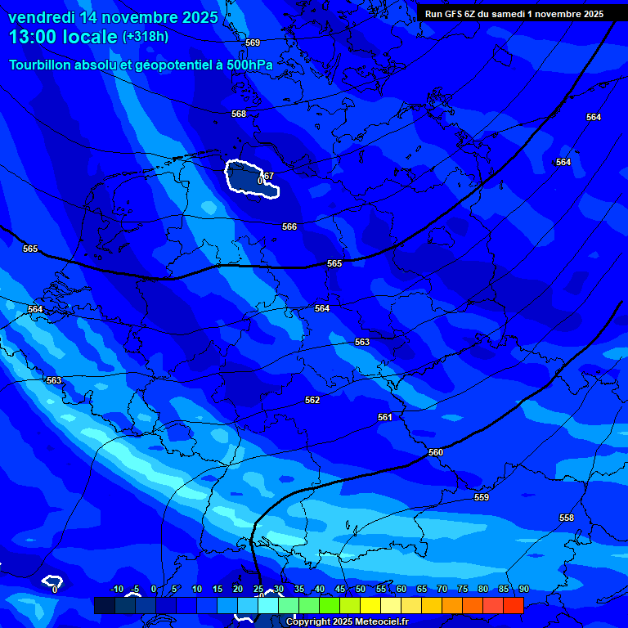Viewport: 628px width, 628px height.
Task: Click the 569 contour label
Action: pos(253,43)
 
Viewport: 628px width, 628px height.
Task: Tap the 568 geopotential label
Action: pos(239,114)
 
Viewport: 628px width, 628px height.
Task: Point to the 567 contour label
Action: pos(267,175)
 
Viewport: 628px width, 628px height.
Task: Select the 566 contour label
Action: pos(289,227)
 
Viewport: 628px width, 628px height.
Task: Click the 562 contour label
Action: pos(312,400)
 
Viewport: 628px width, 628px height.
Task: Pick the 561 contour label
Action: pos(385,417)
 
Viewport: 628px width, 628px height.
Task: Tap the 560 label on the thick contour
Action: pos(436,452)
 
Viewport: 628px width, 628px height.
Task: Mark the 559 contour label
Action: pos(482,497)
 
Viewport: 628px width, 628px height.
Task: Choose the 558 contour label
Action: pos(567,518)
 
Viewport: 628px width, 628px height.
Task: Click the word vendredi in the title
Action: pos(42,17)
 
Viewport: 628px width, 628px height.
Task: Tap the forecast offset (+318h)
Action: pos(146,37)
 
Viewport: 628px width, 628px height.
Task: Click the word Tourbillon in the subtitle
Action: pos(42,65)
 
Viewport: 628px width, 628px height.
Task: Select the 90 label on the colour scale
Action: pos(523,589)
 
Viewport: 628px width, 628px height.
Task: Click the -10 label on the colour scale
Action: pos(116,589)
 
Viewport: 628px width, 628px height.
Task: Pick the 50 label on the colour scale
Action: pos(361,589)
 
